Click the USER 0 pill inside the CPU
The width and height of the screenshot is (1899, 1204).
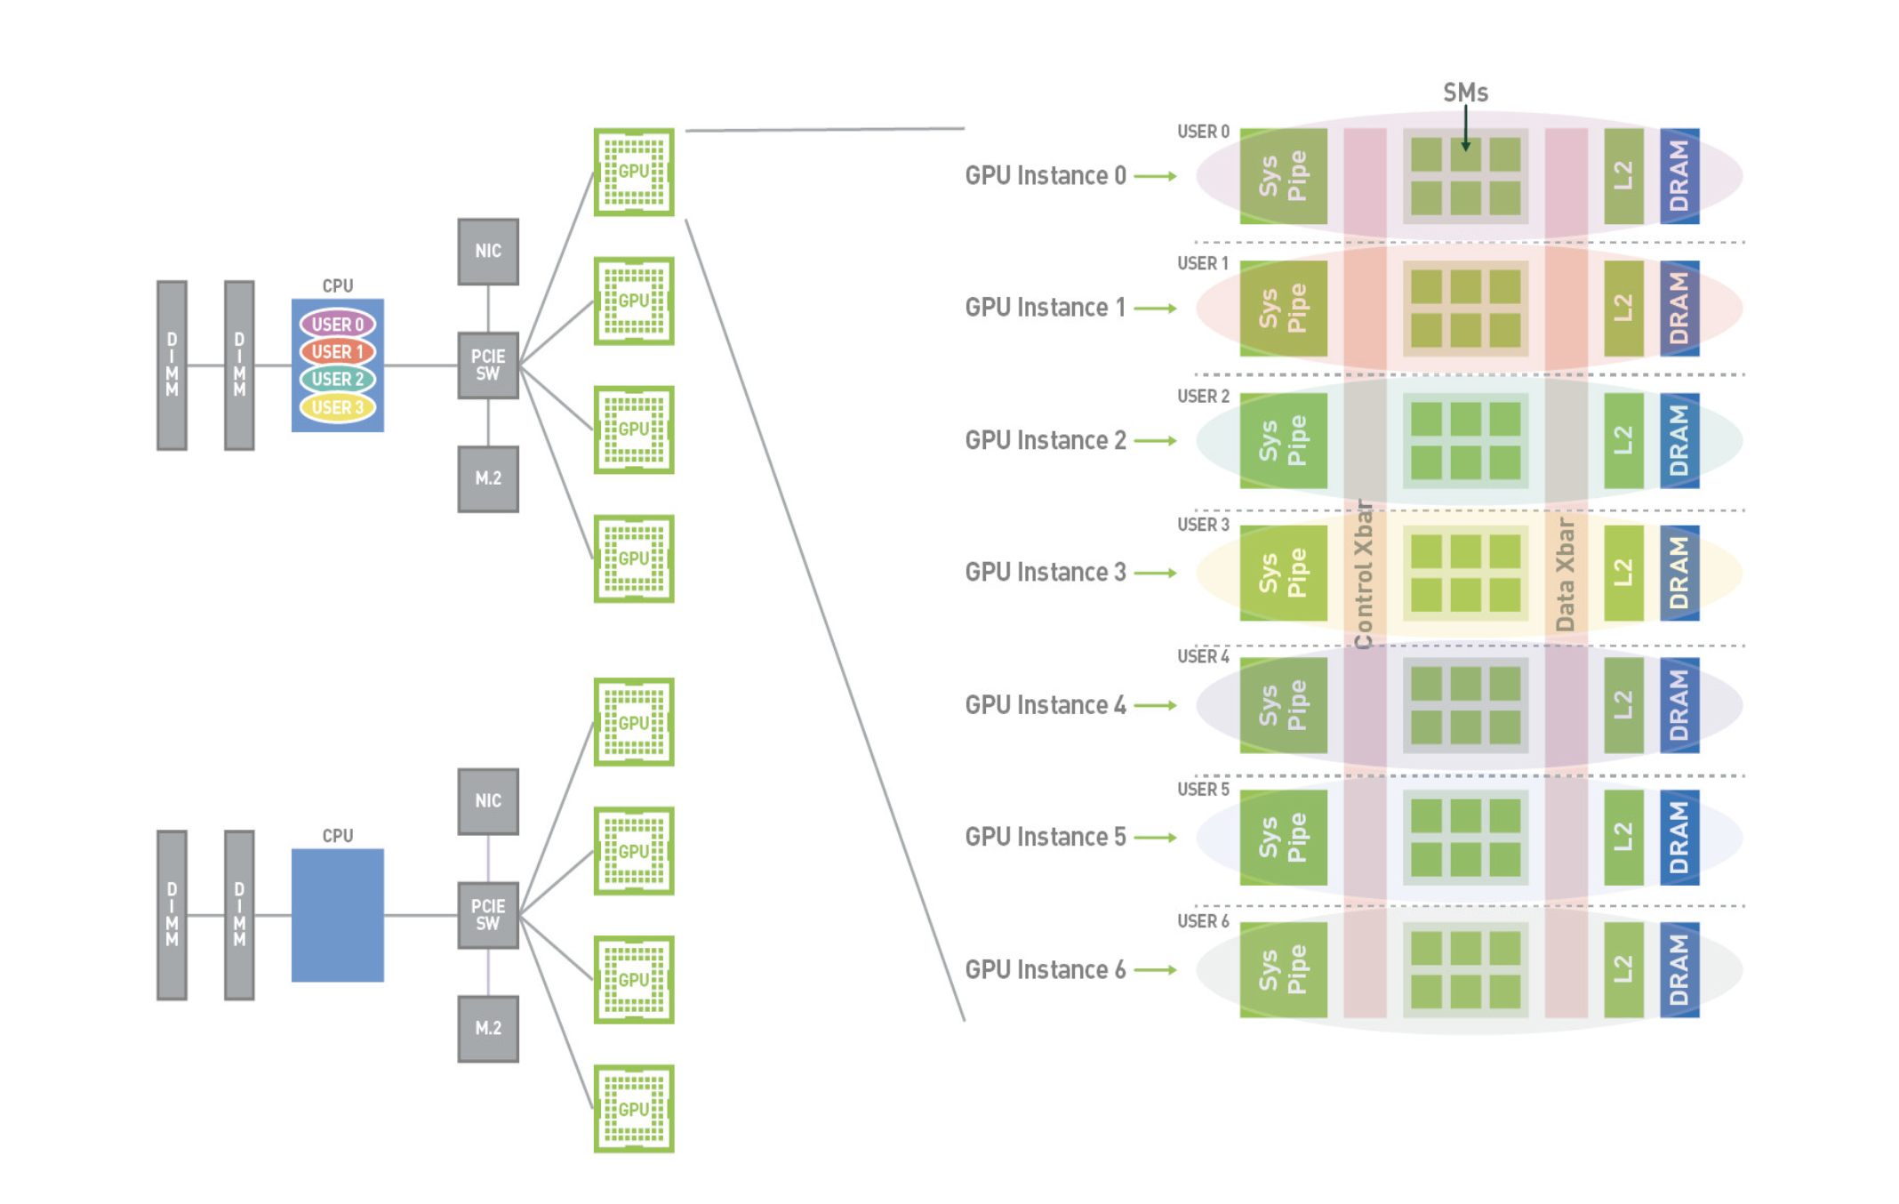(337, 325)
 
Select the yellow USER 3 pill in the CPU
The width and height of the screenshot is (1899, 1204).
(337, 407)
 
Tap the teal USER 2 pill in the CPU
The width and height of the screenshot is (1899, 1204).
(337, 380)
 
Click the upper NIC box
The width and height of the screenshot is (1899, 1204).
(488, 252)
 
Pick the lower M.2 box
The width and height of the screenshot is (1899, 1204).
(488, 1028)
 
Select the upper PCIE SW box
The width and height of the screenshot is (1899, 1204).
(488, 365)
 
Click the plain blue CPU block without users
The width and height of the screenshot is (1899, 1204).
(338, 915)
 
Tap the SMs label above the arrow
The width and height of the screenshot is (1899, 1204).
(1465, 92)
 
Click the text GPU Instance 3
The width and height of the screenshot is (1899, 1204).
(1046, 572)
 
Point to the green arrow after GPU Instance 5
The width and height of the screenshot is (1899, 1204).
(1155, 838)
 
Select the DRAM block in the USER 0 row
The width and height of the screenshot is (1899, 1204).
(1679, 176)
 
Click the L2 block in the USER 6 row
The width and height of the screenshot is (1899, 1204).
(1623, 969)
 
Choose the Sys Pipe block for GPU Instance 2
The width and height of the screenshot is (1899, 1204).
(1283, 441)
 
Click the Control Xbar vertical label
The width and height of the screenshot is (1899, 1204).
(1364, 574)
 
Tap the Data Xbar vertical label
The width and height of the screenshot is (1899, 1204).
(1566, 574)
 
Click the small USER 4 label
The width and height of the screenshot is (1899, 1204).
(1203, 657)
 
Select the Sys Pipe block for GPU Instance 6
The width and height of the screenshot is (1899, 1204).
(1283, 969)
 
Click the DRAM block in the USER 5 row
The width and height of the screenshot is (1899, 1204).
(1679, 838)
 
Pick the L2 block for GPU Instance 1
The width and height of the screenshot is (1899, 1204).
(1623, 309)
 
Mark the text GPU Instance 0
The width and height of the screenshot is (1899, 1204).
(1046, 176)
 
